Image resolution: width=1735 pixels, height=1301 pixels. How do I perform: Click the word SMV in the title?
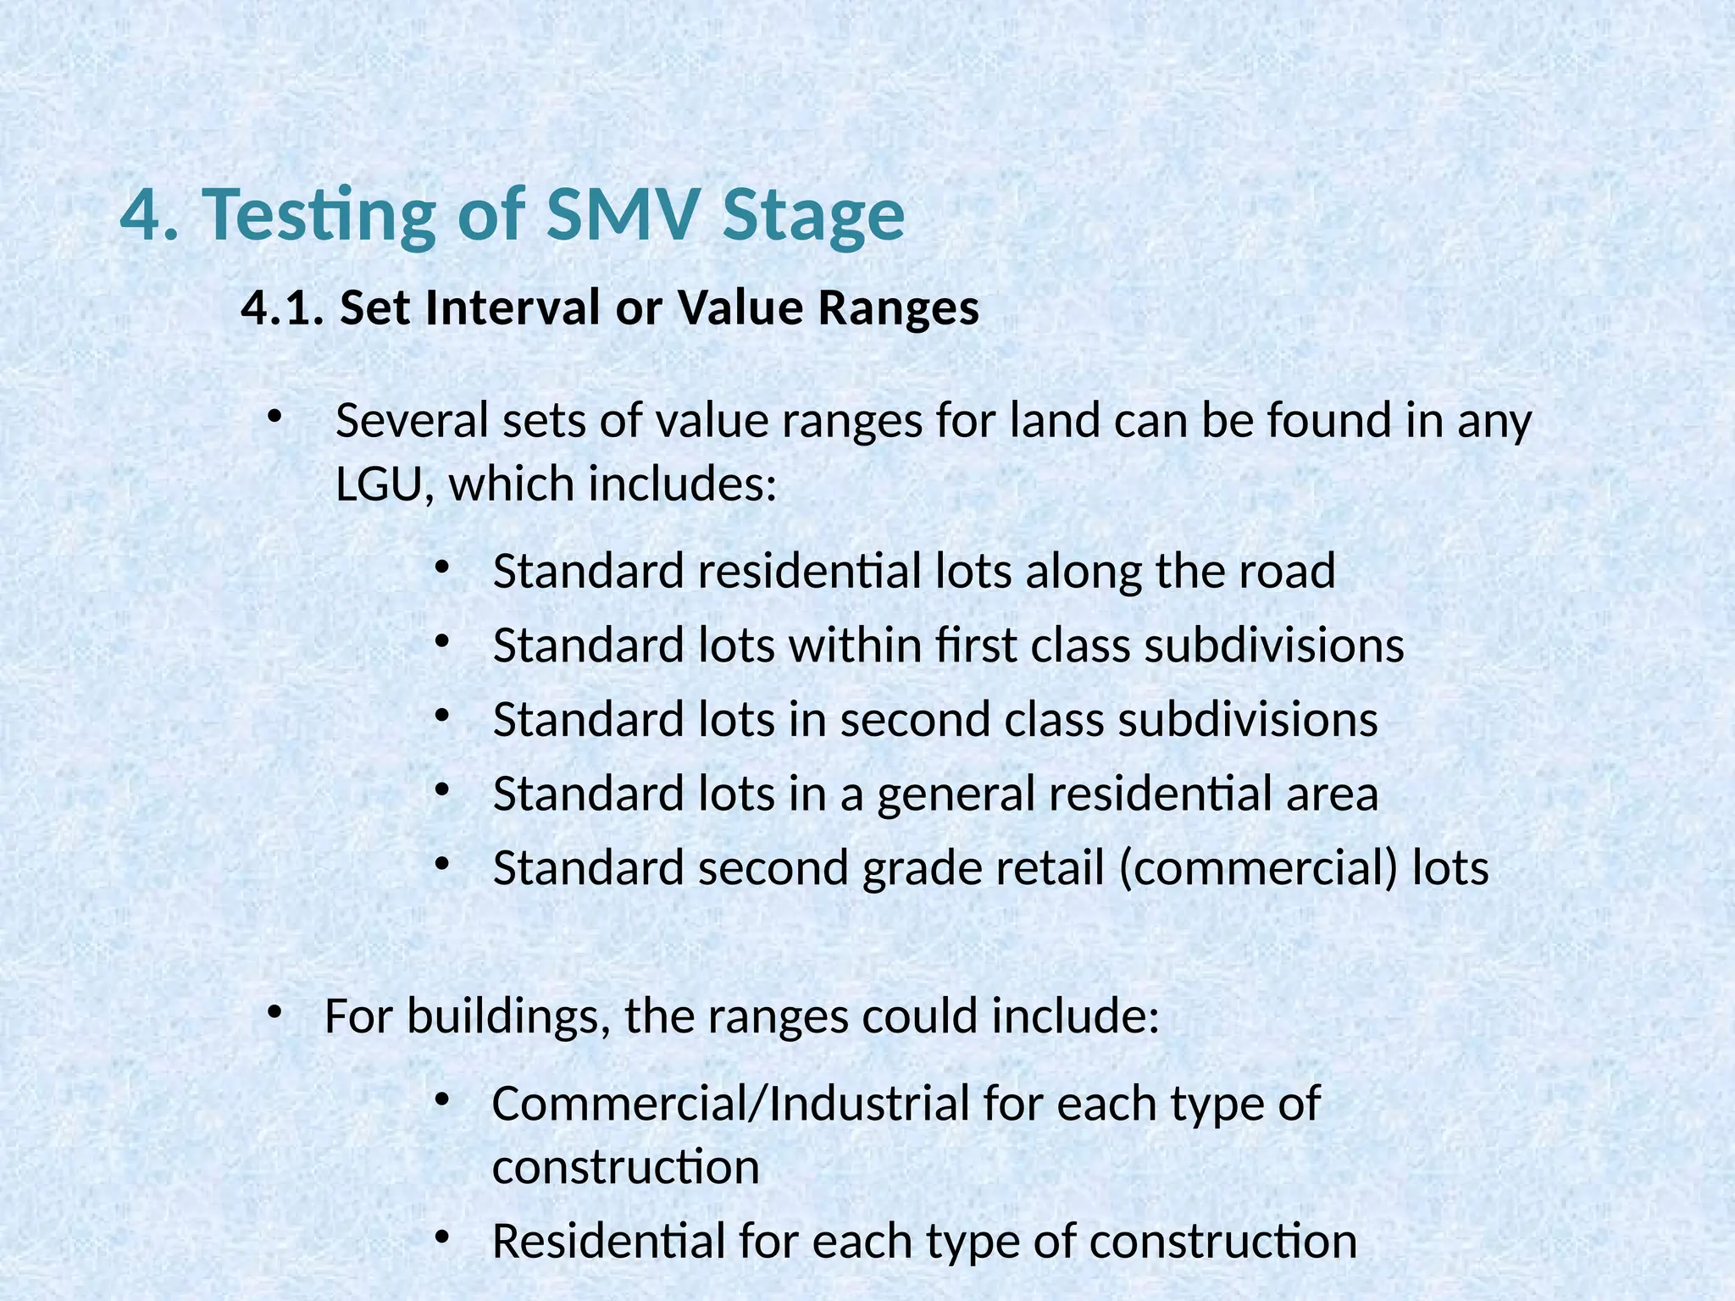click(x=624, y=214)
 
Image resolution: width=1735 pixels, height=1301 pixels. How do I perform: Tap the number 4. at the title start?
click(x=150, y=214)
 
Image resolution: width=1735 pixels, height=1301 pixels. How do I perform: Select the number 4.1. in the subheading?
click(x=283, y=307)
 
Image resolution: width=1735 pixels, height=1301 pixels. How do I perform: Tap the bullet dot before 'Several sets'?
click(x=273, y=416)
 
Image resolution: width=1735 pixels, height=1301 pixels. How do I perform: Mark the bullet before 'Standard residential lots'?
click(x=441, y=567)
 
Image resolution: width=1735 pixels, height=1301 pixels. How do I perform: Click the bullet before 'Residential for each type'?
click(x=441, y=1237)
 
